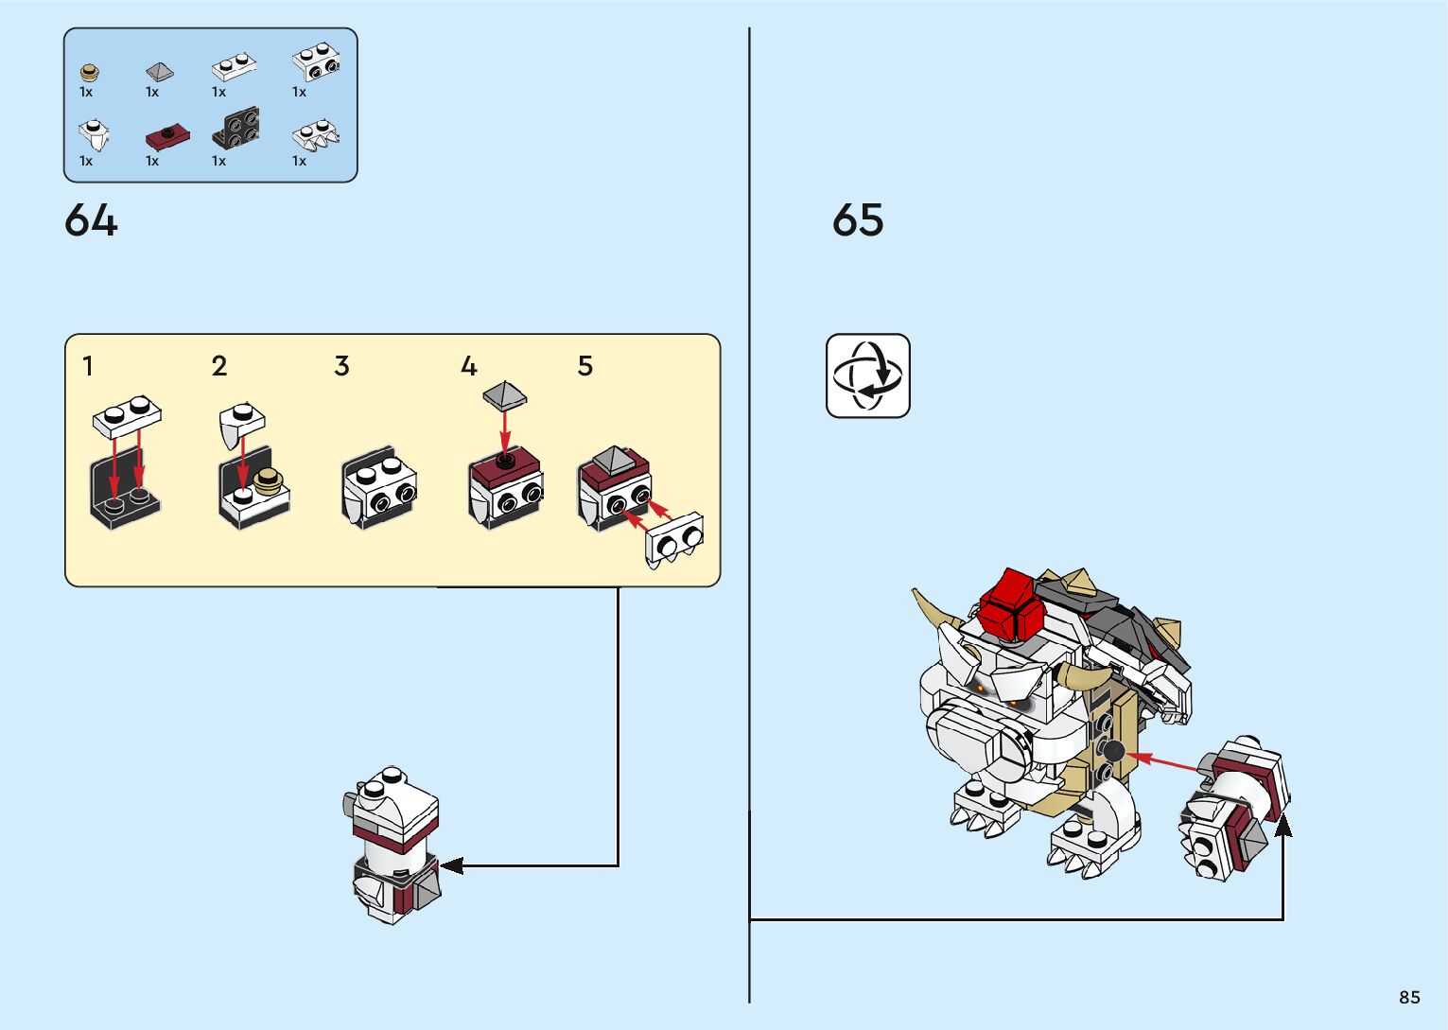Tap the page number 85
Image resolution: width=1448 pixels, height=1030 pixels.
(1409, 997)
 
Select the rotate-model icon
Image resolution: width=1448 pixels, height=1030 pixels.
(868, 375)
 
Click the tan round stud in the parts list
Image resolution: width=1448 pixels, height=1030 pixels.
(90, 73)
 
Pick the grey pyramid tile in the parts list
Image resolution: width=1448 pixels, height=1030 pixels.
(160, 71)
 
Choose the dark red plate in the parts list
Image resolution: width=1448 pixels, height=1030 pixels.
(167, 137)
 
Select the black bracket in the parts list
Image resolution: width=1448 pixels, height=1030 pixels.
(236, 128)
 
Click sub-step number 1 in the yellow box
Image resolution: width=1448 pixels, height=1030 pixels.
(88, 366)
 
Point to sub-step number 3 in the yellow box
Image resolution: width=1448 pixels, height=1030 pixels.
(342, 366)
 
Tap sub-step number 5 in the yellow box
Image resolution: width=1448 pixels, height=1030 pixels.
(585, 366)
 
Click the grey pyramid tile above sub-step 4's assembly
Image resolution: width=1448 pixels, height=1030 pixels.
(505, 394)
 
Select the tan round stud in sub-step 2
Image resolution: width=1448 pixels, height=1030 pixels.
(268, 481)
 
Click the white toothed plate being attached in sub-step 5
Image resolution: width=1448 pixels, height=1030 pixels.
(673, 540)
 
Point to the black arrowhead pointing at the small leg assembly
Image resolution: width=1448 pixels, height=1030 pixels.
(451, 865)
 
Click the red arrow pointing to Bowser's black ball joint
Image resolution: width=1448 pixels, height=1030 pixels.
(1161, 760)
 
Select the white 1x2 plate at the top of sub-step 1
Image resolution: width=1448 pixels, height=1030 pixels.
(128, 417)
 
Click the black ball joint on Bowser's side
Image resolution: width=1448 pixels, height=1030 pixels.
(1113, 751)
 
